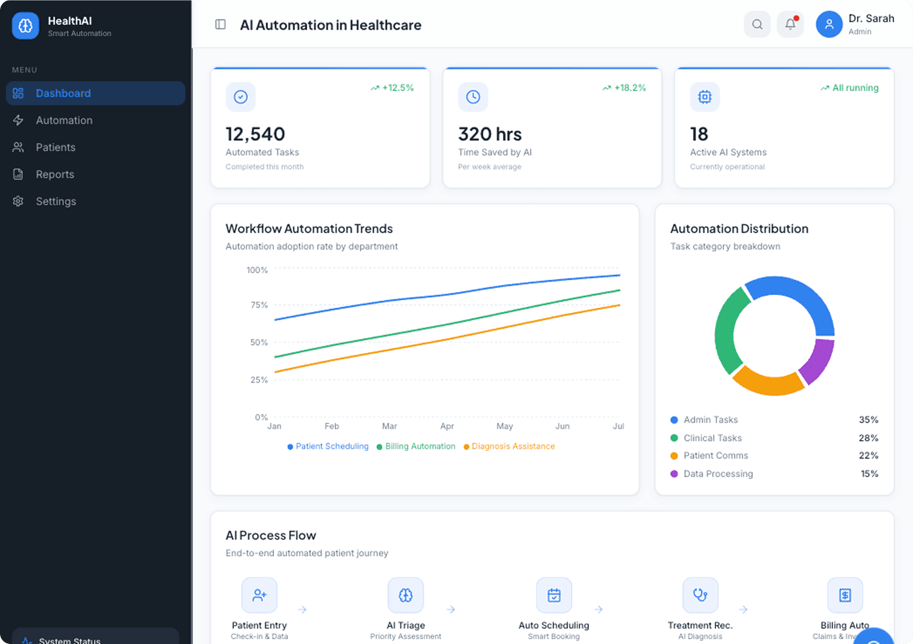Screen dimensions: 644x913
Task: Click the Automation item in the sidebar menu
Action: tap(64, 120)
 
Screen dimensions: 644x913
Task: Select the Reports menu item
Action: tap(55, 175)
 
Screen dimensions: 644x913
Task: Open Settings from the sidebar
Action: tap(55, 202)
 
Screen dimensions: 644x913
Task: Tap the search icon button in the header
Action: tap(757, 24)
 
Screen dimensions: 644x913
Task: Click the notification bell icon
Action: tap(790, 24)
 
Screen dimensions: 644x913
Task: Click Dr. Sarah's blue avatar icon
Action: tap(829, 24)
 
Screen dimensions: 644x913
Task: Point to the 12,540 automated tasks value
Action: tap(255, 134)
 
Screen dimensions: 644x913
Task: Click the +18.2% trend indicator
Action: tap(624, 88)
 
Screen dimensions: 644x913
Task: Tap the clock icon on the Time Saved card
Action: tap(473, 97)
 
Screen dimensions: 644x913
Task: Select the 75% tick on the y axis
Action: tap(259, 305)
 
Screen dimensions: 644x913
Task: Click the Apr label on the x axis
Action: tap(447, 426)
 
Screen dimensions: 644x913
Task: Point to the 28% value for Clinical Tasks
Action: tap(868, 438)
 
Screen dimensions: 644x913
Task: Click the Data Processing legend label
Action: tap(718, 474)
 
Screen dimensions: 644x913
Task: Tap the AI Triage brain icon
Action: tap(406, 595)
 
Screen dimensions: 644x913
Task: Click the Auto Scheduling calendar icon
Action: tap(554, 595)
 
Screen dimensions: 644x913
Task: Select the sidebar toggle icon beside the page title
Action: tap(220, 24)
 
